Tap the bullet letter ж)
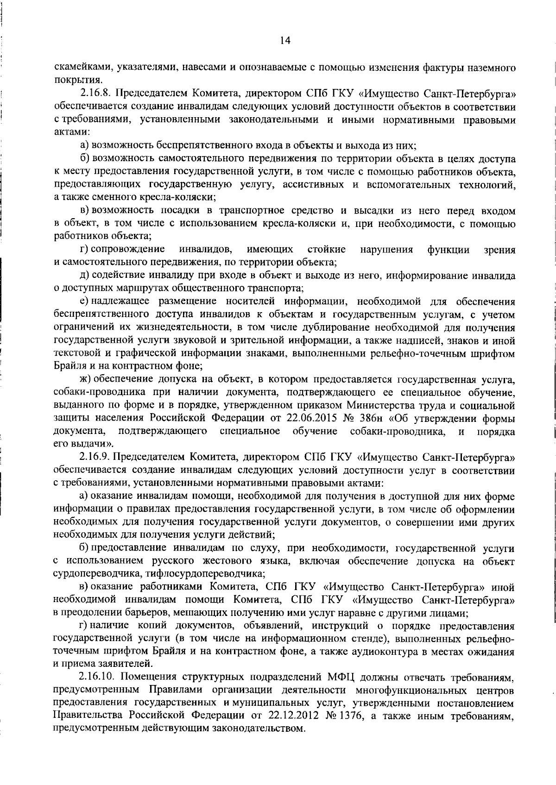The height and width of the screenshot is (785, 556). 84,380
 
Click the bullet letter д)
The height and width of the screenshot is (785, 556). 85,276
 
